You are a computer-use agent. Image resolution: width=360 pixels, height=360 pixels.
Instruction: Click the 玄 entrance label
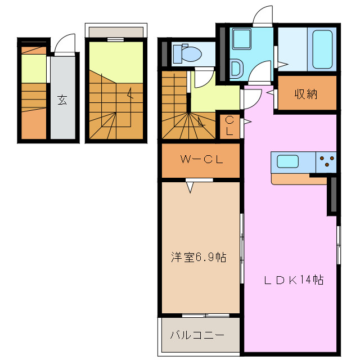(62, 101)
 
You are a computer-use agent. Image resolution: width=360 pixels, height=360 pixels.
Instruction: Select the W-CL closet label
(201, 159)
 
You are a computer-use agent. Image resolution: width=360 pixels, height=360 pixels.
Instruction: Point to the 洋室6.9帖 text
(199, 258)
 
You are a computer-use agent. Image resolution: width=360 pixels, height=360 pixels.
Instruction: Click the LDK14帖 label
(294, 280)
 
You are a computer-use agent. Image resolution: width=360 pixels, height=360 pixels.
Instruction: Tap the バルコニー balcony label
(197, 335)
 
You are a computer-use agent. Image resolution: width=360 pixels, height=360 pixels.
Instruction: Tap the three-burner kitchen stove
(326, 163)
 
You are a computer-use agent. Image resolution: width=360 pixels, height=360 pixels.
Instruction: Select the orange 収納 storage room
(307, 93)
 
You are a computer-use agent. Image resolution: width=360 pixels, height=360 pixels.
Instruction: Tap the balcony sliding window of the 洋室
(201, 314)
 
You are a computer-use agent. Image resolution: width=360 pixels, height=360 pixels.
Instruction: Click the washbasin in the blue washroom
(236, 69)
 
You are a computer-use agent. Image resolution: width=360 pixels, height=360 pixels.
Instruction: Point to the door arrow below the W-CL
(190, 187)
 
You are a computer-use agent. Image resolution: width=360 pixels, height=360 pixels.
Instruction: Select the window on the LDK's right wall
(339, 245)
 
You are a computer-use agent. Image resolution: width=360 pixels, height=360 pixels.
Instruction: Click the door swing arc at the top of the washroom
(262, 17)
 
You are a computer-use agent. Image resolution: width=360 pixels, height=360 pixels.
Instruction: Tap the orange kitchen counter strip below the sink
(298, 179)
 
